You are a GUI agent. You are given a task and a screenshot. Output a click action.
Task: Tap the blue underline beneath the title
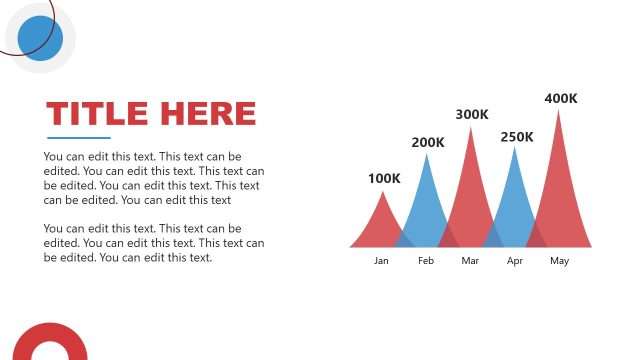[x=78, y=137]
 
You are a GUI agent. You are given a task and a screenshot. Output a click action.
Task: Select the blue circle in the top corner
[x=41, y=38]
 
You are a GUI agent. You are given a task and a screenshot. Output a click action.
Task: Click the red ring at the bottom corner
[x=48, y=346]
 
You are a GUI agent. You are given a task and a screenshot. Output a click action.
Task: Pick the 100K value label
[x=384, y=178]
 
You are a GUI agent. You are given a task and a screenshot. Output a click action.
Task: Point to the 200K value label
[x=428, y=142]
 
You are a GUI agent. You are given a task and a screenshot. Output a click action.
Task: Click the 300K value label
[x=472, y=114]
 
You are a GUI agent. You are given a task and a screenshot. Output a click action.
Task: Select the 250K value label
[x=517, y=136]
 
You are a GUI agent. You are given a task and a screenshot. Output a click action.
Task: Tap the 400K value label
[x=561, y=98]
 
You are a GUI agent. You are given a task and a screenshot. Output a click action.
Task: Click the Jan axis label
[x=381, y=261]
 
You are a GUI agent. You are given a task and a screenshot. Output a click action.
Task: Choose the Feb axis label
[x=426, y=261]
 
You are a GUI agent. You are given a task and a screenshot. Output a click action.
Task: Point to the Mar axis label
[x=471, y=261]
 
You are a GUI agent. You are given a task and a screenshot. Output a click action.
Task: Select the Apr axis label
[x=515, y=261]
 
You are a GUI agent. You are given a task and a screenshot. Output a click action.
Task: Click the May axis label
[x=559, y=261]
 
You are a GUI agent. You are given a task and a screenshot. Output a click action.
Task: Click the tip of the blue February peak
[x=427, y=154]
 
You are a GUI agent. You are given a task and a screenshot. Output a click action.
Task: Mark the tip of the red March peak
[x=471, y=127]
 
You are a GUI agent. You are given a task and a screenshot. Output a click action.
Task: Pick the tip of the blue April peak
[x=516, y=148]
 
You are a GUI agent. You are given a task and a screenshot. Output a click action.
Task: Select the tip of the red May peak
[x=559, y=110]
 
